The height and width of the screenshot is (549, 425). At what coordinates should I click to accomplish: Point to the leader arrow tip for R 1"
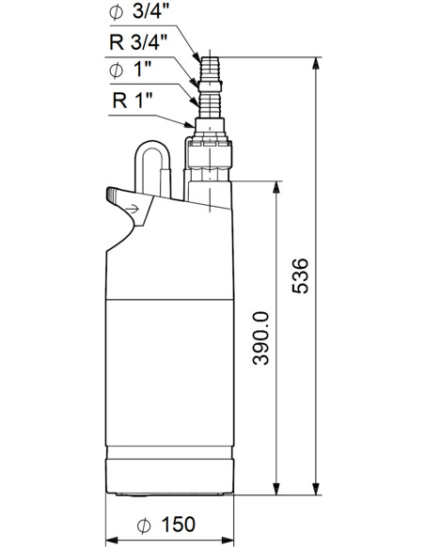pyautogui.click(x=196, y=125)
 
